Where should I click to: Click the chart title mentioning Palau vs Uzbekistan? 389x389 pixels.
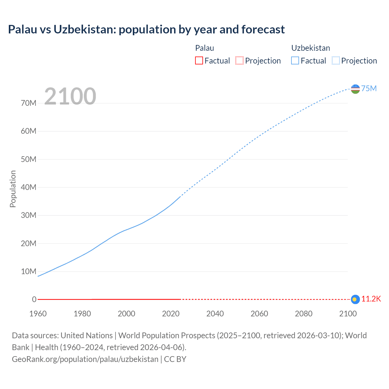[x=146, y=29]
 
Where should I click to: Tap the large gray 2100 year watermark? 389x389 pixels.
[x=70, y=96]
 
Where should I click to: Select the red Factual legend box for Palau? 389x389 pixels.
[x=199, y=60]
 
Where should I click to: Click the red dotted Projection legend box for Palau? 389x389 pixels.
[x=239, y=60]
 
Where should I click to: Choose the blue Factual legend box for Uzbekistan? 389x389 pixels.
[x=295, y=60]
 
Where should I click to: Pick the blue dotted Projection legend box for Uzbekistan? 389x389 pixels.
[x=336, y=60]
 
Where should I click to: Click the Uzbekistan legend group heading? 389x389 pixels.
[x=310, y=48]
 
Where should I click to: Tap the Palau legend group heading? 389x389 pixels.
[x=205, y=48]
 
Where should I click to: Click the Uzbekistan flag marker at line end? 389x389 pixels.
[x=355, y=89]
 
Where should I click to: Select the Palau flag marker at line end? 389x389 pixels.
[x=355, y=299]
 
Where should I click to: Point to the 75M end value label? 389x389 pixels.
[x=369, y=88]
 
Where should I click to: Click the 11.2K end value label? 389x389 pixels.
[x=371, y=299]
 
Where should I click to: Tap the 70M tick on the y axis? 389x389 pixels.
[x=29, y=103]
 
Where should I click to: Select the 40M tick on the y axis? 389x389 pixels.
[x=29, y=188]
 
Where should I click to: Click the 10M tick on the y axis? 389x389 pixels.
[x=29, y=271]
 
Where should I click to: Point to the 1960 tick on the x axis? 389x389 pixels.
[x=38, y=314]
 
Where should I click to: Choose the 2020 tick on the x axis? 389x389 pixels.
[x=171, y=314]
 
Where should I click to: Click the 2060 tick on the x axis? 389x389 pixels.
[x=259, y=314]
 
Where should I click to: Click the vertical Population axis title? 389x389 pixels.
[x=13, y=189]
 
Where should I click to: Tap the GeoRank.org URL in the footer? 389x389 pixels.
[x=85, y=359]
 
